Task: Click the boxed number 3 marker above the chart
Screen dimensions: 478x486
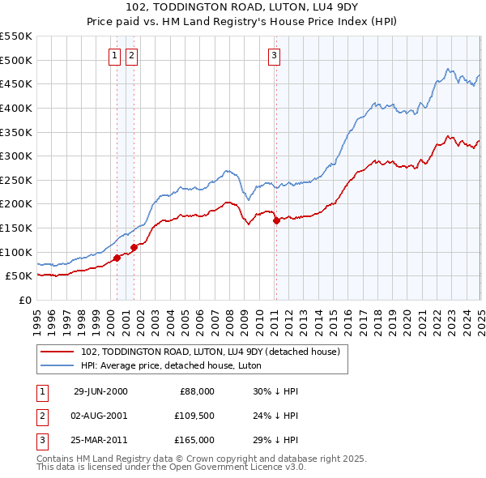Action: [x=275, y=55]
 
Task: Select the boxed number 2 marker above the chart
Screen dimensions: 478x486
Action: [x=130, y=55]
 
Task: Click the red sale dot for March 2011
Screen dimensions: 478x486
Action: [x=276, y=220]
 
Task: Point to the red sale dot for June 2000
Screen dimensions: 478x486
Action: [x=117, y=258]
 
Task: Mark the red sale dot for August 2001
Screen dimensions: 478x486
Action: [x=134, y=247]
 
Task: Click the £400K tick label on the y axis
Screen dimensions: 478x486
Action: [x=16, y=108]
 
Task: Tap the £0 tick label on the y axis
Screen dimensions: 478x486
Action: [x=26, y=300]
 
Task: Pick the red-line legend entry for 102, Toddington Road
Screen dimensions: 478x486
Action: [x=214, y=352]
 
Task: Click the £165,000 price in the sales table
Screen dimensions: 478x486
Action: [x=195, y=440]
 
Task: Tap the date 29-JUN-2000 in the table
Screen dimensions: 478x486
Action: [x=100, y=391]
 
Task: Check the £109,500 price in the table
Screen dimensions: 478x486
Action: [x=195, y=416]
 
